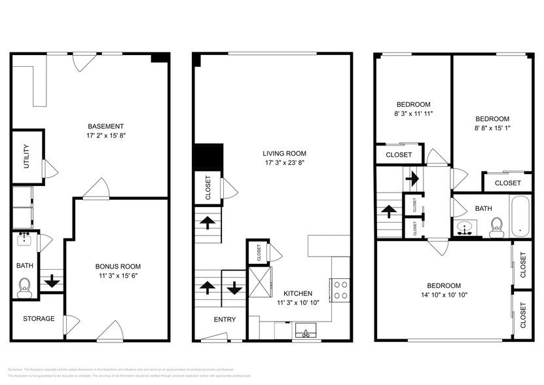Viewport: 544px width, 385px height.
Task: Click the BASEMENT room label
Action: [x=105, y=126]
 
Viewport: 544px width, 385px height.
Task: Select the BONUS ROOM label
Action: [x=118, y=266]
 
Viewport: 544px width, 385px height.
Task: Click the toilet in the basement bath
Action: [x=26, y=287]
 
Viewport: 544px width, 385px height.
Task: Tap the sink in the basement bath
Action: [x=26, y=238]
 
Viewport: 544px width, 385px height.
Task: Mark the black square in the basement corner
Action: [x=158, y=58]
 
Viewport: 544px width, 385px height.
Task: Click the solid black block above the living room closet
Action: [x=208, y=158]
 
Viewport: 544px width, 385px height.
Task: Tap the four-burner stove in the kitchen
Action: [x=340, y=289]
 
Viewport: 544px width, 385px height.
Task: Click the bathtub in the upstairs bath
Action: [x=520, y=217]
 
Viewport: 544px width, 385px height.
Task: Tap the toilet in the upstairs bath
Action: [x=496, y=230]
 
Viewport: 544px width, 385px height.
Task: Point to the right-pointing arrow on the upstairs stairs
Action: [x=412, y=177]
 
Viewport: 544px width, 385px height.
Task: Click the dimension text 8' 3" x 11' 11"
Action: [x=414, y=114]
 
